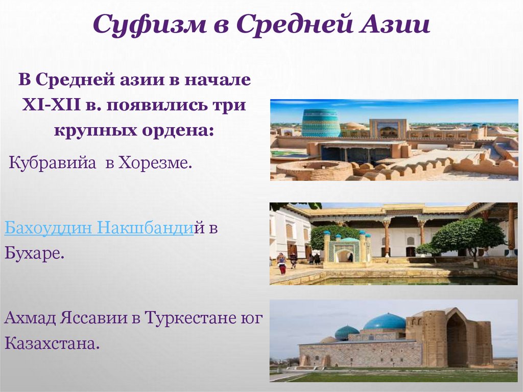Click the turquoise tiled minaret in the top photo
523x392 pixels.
[320, 123]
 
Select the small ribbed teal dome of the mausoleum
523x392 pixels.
[347, 332]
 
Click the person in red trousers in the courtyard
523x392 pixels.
[281, 264]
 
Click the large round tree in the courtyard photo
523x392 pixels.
[467, 237]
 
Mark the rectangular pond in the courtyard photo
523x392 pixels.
[409, 281]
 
